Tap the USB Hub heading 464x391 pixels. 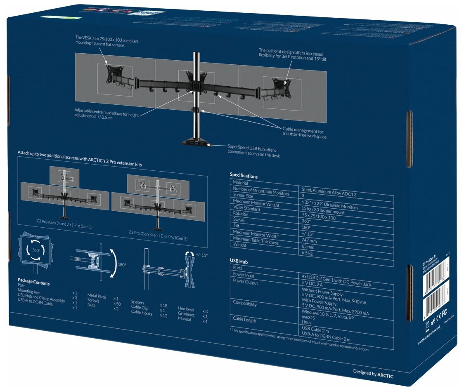tap(239, 261)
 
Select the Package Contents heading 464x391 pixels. tap(33, 283)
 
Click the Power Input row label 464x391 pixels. tap(244, 276)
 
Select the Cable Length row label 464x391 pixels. tap(244, 320)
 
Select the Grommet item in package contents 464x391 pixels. tap(186, 315)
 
